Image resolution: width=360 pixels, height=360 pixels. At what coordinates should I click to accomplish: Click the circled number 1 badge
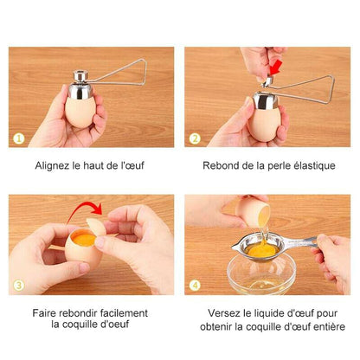(19, 138)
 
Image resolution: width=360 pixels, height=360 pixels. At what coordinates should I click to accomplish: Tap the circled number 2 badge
(195, 138)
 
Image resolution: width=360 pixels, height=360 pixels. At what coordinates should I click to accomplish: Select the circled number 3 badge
(19, 286)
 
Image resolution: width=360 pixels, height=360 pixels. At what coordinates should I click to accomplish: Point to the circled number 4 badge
(195, 286)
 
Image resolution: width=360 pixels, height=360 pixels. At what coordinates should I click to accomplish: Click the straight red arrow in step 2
(275, 67)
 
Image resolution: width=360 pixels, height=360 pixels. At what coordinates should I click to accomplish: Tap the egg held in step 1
(80, 112)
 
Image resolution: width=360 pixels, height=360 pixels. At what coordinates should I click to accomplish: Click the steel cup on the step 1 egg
(80, 91)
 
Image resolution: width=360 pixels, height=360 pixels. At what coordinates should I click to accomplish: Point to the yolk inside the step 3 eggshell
(84, 240)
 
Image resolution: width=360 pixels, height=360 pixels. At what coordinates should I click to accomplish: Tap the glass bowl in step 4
(261, 274)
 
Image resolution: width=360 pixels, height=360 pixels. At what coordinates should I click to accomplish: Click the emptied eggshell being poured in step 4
(254, 211)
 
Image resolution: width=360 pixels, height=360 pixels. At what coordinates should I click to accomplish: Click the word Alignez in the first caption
(52, 166)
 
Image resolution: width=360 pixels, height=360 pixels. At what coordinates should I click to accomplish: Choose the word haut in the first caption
(93, 165)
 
